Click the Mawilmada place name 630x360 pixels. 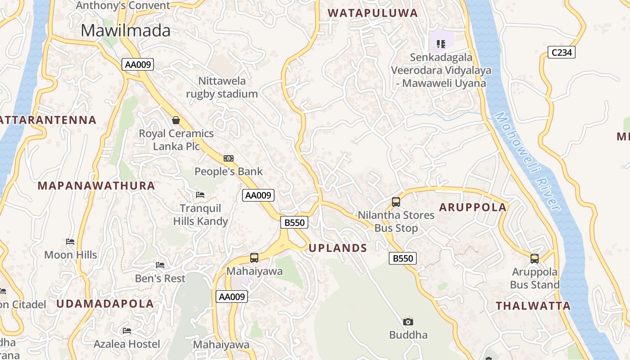(126, 31)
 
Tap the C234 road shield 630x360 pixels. (562, 52)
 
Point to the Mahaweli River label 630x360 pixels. (527, 161)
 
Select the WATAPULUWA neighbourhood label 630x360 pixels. (373, 13)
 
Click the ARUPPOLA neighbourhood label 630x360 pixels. (473, 207)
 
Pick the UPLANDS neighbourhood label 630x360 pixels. (338, 248)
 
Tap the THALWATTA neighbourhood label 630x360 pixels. (533, 306)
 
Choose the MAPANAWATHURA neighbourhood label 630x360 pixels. (96, 185)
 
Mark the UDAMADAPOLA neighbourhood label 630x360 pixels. (105, 303)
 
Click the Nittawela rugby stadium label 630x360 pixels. (222, 87)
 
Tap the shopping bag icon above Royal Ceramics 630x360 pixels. (176, 120)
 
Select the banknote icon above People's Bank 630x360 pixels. (229, 158)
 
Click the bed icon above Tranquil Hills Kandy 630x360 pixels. (200, 195)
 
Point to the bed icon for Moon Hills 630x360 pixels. (70, 242)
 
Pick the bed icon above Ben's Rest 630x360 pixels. (160, 265)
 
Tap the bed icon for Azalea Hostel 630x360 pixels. (127, 331)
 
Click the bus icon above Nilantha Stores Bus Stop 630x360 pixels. (396, 202)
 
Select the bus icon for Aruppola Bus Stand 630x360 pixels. (535, 259)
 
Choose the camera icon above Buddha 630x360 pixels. (408, 322)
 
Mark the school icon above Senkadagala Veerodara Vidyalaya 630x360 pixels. (441, 44)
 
